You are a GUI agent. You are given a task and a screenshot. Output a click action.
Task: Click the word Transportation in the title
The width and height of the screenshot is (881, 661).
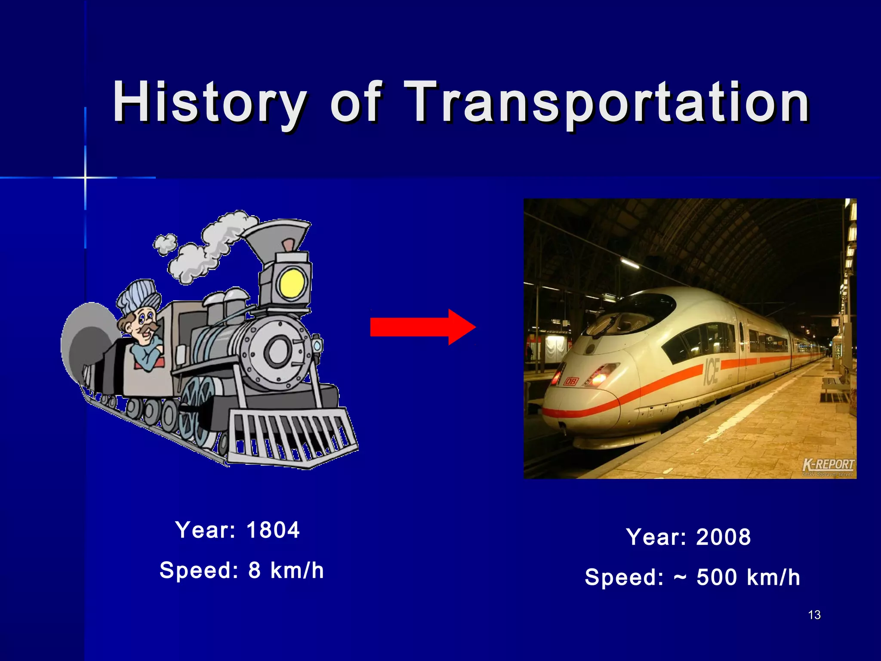(607, 102)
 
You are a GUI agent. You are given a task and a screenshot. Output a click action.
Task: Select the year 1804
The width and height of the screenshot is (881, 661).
(273, 530)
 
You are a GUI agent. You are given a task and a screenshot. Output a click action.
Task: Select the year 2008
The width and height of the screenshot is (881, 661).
(724, 537)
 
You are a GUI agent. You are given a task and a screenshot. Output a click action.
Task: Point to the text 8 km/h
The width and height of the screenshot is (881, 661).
(286, 570)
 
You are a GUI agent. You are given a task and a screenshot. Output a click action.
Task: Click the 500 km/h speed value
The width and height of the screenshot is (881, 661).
(748, 577)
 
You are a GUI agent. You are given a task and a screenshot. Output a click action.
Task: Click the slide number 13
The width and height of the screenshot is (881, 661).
(814, 615)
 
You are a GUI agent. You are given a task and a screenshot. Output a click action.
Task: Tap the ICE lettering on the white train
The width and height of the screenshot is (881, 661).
(711, 371)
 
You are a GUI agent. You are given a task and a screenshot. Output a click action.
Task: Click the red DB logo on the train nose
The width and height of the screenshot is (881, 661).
(571, 381)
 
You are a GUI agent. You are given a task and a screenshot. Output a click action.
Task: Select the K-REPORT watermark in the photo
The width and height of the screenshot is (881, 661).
(828, 465)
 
